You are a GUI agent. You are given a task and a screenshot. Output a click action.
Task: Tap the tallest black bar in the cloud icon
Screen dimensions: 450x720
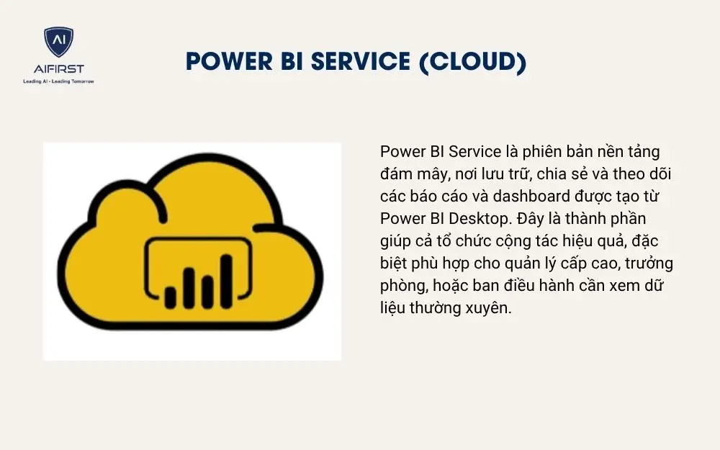click(225, 282)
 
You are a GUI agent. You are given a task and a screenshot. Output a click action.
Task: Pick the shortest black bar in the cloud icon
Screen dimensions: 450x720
click(171, 296)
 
